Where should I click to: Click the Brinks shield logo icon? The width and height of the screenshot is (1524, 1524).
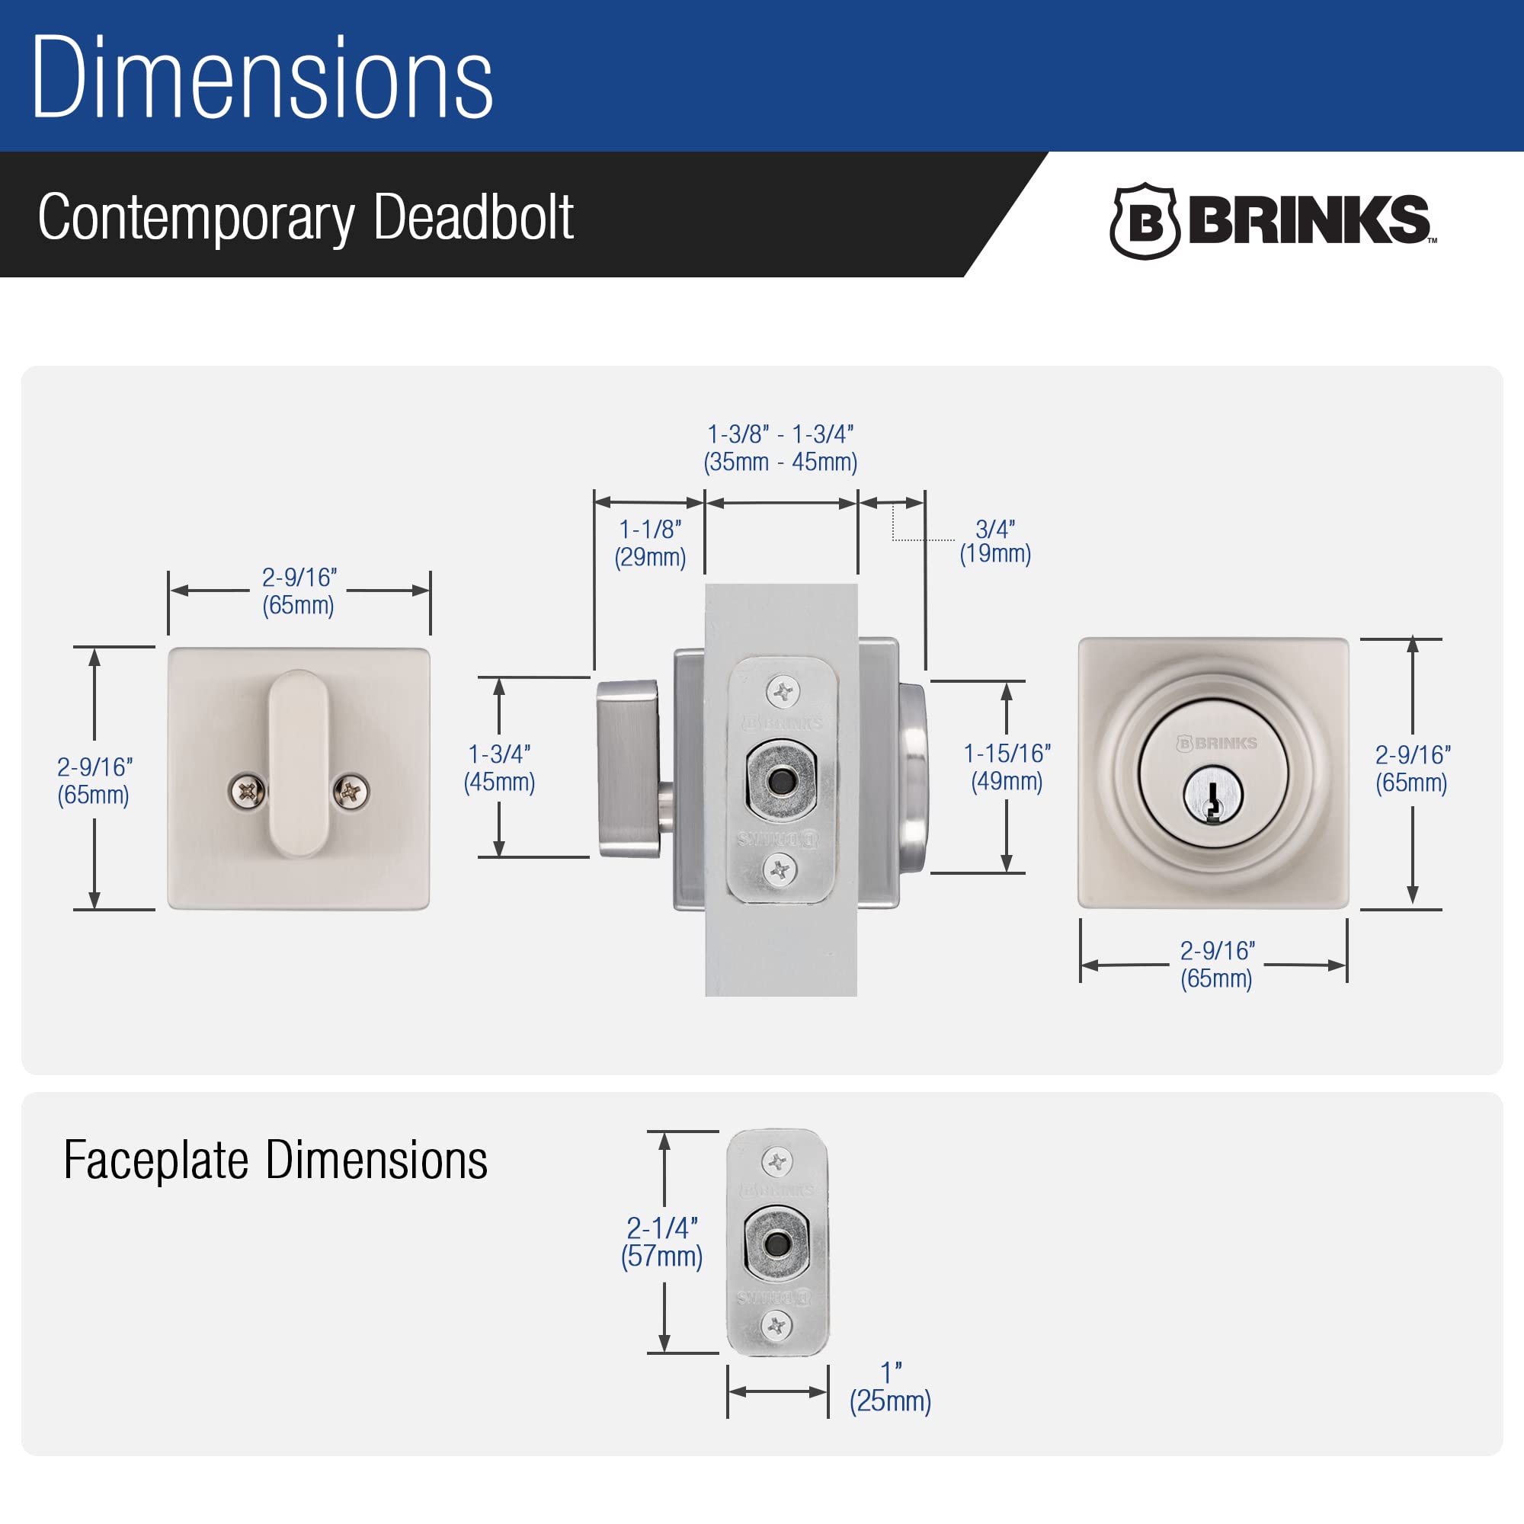[1145, 222]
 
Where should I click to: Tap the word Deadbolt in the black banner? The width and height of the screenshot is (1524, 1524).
[473, 217]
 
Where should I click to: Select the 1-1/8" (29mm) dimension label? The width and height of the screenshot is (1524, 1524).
[650, 543]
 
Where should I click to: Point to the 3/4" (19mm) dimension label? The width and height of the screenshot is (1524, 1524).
[994, 541]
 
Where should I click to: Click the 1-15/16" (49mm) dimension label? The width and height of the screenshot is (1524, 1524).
[1007, 767]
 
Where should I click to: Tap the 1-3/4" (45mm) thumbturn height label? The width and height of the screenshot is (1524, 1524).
[499, 767]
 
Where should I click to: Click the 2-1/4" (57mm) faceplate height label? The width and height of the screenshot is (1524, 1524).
[662, 1241]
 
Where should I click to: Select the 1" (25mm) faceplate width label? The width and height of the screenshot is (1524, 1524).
[890, 1388]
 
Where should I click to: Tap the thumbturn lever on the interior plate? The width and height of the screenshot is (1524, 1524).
[297, 763]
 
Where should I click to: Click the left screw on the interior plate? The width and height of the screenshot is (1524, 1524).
[247, 790]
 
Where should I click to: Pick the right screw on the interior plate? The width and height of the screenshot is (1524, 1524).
[351, 790]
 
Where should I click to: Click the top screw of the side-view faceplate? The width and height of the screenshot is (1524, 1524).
[783, 692]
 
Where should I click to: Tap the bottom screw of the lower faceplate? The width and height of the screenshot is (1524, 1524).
[777, 1325]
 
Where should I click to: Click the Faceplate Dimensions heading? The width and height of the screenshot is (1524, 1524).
[275, 1161]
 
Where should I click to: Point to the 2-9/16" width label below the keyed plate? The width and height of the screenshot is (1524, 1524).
[1216, 964]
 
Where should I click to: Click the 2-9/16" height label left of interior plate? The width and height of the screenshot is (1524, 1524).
[94, 780]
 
